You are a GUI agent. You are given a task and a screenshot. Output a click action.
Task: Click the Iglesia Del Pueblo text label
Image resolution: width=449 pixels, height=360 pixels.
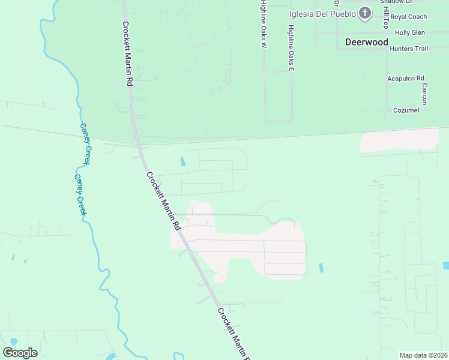[323, 14]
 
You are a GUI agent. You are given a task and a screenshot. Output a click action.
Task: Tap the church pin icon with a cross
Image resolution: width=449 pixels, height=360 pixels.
[365, 14]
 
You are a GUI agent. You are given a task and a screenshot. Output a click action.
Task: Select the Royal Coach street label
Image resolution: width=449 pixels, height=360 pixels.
[408, 17]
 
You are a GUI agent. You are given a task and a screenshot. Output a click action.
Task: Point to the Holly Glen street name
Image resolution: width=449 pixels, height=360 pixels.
[410, 32]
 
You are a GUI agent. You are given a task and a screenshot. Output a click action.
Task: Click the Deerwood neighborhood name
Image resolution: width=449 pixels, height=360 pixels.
[367, 42]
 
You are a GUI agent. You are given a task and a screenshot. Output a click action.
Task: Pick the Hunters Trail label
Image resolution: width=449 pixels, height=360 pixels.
[409, 49]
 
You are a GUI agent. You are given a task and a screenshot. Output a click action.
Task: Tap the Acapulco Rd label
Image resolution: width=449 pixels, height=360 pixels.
[406, 78]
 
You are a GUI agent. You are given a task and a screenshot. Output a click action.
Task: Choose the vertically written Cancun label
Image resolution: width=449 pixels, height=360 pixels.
[424, 94]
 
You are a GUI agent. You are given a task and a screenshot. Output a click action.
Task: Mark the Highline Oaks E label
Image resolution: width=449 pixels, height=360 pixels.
[291, 48]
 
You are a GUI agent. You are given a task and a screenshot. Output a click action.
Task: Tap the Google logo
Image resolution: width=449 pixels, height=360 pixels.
[20, 353]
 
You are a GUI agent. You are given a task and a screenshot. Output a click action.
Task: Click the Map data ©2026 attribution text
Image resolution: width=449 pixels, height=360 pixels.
[423, 355]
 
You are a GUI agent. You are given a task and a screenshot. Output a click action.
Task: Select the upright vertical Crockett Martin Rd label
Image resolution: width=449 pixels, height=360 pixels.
[127, 55]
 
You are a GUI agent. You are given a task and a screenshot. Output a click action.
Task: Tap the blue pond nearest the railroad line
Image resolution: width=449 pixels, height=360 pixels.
[183, 161]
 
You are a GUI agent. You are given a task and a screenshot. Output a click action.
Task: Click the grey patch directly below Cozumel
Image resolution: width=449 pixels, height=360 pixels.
[399, 140]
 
